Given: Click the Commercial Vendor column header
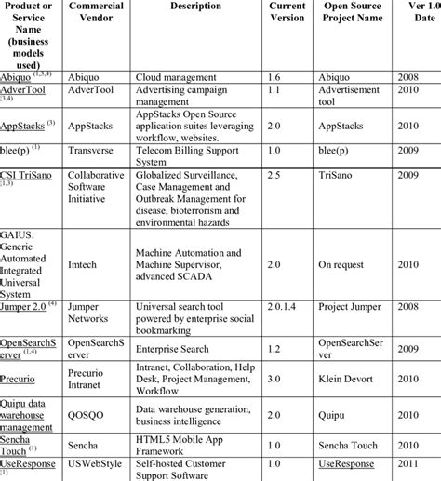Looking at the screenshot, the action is click(96, 12).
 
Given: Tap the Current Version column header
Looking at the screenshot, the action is click(287, 12).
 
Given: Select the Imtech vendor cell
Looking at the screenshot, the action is click(86, 262).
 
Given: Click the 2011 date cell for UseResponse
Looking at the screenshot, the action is click(423, 462).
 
